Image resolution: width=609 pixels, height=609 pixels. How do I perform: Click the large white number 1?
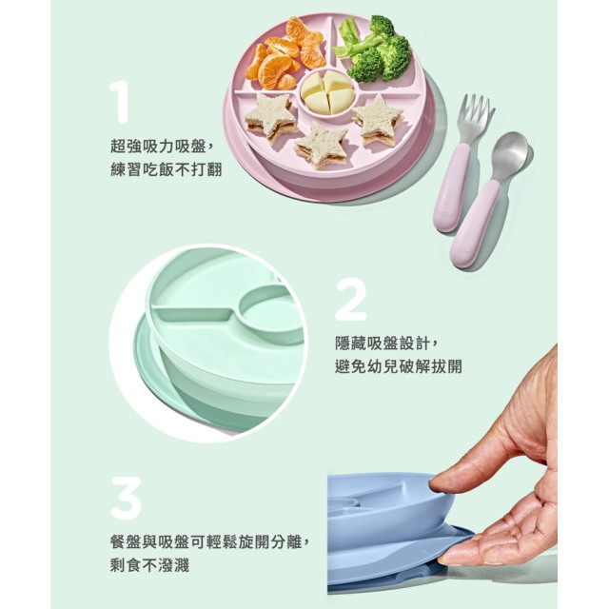click(118, 102)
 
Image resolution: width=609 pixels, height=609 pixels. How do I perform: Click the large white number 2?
click(350, 299)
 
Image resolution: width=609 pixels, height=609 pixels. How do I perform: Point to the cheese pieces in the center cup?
click(328, 92)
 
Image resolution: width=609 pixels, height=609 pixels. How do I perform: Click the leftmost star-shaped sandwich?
click(270, 117)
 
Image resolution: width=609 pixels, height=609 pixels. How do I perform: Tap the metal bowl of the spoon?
click(510, 156)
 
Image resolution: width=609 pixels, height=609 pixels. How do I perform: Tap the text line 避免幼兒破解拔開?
click(399, 365)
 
